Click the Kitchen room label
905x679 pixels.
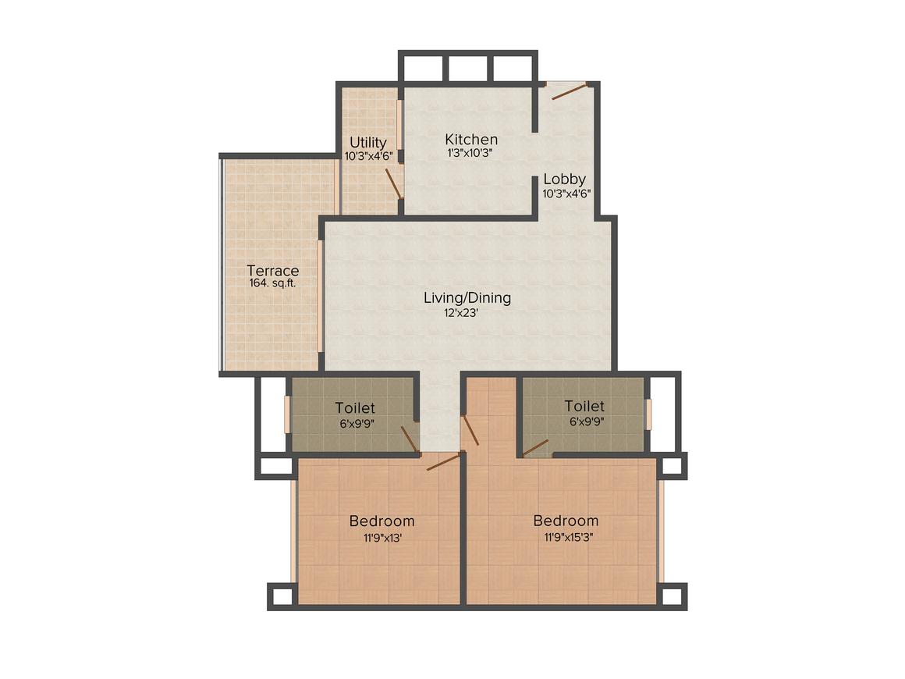coord(471,140)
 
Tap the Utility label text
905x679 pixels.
coord(367,143)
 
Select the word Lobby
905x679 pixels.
coord(565,179)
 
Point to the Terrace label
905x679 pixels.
coord(273,271)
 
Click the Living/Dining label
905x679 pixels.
coord(467,297)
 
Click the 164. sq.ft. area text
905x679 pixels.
coord(272,284)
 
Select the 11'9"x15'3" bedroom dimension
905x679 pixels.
coord(566,537)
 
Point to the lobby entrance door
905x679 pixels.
coord(569,91)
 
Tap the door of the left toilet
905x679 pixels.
coord(410,439)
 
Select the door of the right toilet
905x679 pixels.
coord(535,447)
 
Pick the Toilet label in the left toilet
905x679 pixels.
coord(355,408)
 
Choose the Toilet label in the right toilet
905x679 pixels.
coord(584,407)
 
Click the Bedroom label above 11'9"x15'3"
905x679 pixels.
coord(566,521)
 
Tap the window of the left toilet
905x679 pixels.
coord(287,414)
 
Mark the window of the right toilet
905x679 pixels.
coord(648,414)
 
